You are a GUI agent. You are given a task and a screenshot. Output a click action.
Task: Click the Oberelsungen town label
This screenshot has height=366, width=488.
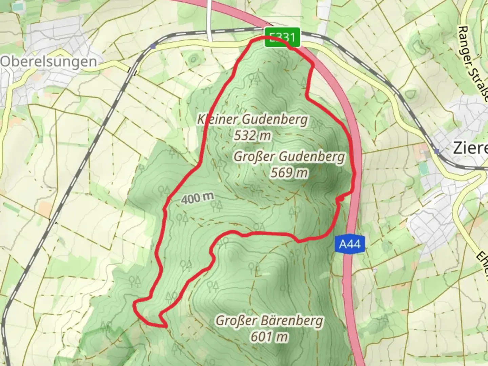pos(49,62)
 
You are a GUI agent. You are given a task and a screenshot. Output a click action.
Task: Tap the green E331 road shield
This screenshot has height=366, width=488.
pos(282,37)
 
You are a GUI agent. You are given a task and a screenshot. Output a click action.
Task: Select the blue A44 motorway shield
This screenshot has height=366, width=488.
pos(350,244)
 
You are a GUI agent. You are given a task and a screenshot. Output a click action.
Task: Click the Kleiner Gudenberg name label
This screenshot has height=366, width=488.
pos(253,119)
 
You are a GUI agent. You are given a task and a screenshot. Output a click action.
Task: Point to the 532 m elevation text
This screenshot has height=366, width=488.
pos(252,136)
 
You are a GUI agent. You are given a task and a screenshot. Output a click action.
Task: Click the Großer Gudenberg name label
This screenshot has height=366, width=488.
pos(289,157)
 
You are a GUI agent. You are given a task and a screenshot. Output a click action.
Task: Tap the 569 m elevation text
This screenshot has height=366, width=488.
pos(289,173)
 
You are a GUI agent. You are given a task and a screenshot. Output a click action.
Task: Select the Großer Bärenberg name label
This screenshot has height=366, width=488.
pos(270,320)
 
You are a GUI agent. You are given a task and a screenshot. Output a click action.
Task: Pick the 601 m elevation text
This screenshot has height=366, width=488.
pos(270,337)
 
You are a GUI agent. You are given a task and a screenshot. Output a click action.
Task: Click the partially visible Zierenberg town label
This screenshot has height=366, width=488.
pos(470,148)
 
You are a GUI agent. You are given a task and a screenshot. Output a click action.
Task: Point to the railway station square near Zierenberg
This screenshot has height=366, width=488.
pos(437,151)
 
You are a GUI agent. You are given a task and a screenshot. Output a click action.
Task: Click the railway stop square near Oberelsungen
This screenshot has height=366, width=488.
pos(154,46)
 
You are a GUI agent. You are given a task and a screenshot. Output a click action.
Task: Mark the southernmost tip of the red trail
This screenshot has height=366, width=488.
pos(165,327)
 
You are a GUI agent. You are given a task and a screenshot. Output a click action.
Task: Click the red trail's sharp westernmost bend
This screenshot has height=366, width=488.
pos(135,303)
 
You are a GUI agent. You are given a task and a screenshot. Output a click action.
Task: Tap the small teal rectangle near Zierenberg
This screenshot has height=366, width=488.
pos(423,169)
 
